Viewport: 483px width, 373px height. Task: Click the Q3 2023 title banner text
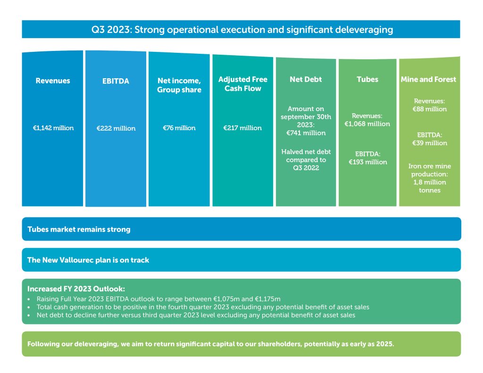pyautogui.click(x=242, y=30)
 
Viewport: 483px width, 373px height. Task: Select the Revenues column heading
pyautogui.click(x=53, y=81)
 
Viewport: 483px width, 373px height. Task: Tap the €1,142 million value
pyautogui.click(x=53, y=128)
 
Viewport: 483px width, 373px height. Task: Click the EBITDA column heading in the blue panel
pyautogui.click(x=116, y=81)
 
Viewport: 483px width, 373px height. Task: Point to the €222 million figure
pyautogui.click(x=116, y=128)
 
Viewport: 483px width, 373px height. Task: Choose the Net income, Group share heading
pyautogui.click(x=179, y=85)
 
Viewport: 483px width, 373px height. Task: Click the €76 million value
pyautogui.click(x=179, y=128)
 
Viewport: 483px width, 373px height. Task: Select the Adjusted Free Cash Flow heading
pyautogui.click(x=243, y=84)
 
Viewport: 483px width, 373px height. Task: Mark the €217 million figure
pyautogui.click(x=242, y=128)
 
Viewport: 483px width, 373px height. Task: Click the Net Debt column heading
pyautogui.click(x=306, y=80)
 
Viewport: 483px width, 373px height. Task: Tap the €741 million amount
pyautogui.click(x=306, y=133)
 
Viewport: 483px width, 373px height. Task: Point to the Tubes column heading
pyautogui.click(x=367, y=80)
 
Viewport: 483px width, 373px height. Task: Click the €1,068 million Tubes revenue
pyautogui.click(x=367, y=124)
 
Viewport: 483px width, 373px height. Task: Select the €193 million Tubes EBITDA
pyautogui.click(x=368, y=162)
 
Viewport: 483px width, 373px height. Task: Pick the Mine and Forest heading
pyautogui.click(x=428, y=80)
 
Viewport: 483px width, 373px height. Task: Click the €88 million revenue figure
pyautogui.click(x=429, y=109)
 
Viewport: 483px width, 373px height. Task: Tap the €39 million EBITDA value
pyautogui.click(x=429, y=143)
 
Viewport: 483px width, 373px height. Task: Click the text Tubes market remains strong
pyautogui.click(x=79, y=230)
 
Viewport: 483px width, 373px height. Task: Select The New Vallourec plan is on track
pyautogui.click(x=88, y=260)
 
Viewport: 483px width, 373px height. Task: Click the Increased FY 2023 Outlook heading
pyautogui.click(x=76, y=289)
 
